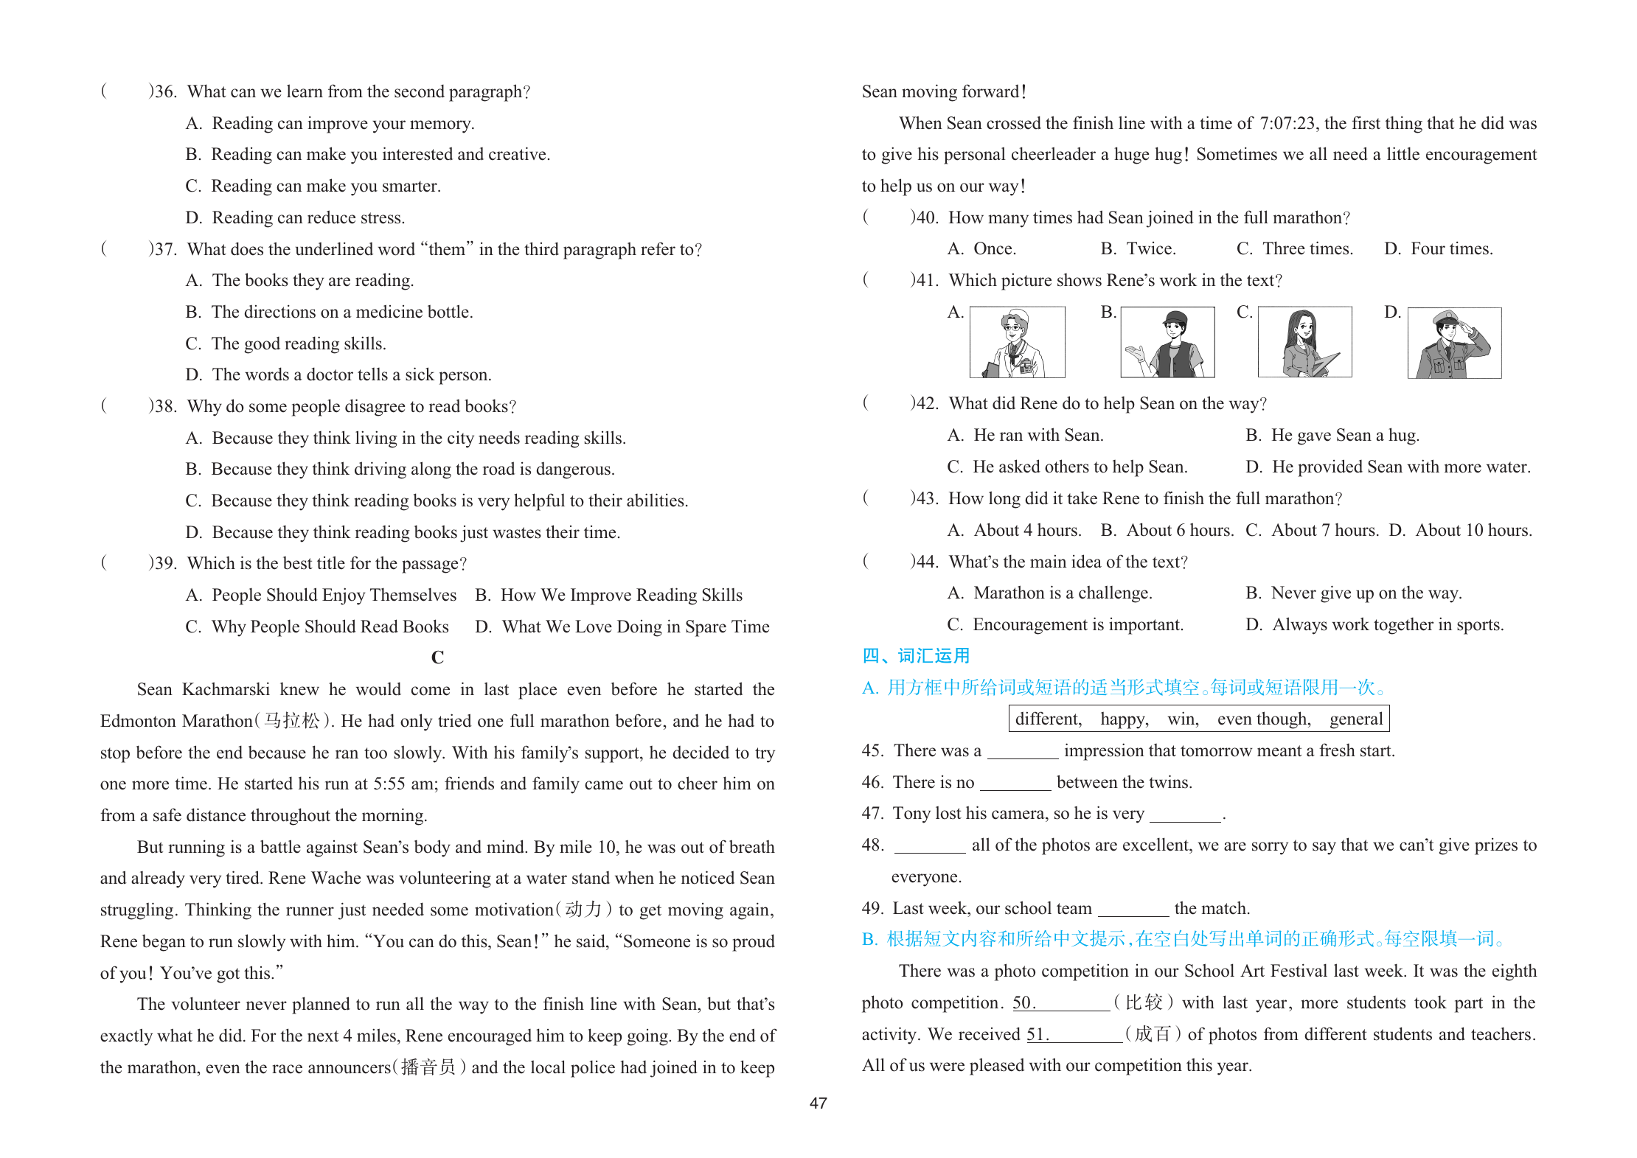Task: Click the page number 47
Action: coord(818,1103)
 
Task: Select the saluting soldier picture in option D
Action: coord(1454,343)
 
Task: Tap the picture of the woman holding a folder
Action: coord(1304,342)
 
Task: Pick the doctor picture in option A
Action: coord(1017,342)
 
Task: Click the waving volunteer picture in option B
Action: coord(1167,342)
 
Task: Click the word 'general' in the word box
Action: coord(1355,719)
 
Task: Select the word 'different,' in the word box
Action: coord(1048,719)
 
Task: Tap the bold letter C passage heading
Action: coord(437,657)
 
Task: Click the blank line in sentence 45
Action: coord(1022,753)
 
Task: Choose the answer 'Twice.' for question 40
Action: coord(1151,249)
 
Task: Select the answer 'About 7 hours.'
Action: coord(1324,530)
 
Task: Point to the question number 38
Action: coord(164,406)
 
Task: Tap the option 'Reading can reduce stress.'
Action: coord(308,217)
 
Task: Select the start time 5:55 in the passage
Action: coord(389,784)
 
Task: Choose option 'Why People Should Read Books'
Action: coord(330,627)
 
